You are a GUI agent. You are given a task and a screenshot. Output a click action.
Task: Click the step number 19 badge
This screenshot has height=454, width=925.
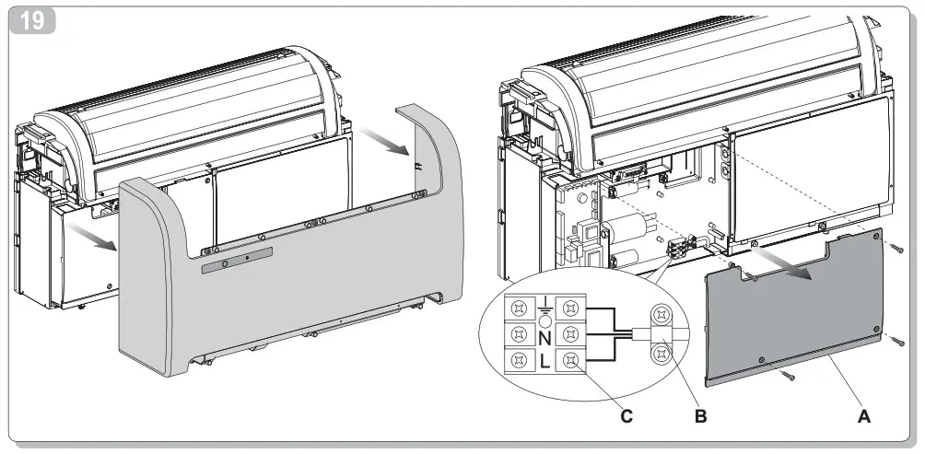click(31, 20)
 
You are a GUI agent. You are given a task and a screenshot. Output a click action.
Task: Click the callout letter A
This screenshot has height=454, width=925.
click(863, 416)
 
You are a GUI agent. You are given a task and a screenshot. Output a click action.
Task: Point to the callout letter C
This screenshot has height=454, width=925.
click(626, 416)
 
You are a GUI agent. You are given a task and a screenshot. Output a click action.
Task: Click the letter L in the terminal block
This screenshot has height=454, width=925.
click(544, 362)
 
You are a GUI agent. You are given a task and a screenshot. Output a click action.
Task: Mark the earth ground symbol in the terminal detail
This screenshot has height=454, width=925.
click(544, 305)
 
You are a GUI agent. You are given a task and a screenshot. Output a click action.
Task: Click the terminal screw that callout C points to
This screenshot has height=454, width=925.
click(572, 361)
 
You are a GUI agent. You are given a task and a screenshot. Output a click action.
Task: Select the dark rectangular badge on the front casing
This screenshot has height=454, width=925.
click(237, 260)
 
